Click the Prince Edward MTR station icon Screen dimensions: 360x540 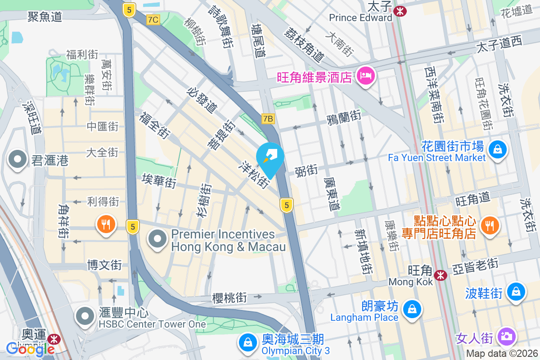399,11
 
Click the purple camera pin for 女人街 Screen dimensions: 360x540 507,336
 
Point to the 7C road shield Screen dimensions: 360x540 153,19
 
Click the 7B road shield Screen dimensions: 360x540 268,119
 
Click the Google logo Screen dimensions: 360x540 31,349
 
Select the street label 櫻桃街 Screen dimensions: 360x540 229,297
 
